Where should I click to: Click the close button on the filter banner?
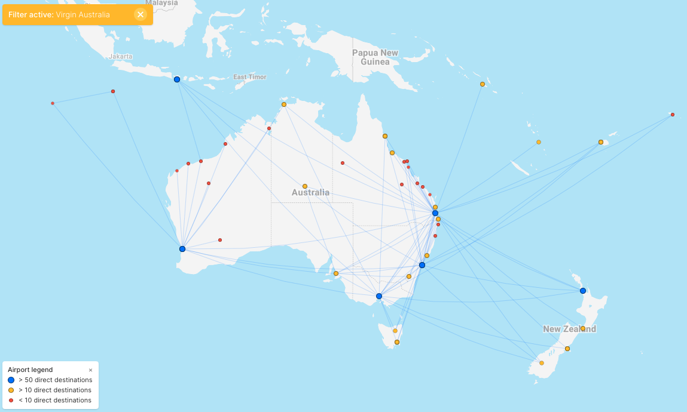coord(141,14)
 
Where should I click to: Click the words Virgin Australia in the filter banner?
coord(83,14)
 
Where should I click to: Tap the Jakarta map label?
coord(121,57)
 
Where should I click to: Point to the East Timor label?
coord(249,77)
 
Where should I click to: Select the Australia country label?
coord(310,192)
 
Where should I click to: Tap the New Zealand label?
coord(569,329)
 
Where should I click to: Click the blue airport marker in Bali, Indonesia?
coord(177,79)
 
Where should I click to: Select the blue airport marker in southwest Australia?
coord(182,249)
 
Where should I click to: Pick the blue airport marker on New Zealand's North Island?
coord(583,291)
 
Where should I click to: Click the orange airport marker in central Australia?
coord(305,186)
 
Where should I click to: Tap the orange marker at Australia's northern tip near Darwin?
coord(284,104)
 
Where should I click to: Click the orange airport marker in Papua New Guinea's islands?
coord(483,84)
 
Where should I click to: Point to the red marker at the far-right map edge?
coord(673,115)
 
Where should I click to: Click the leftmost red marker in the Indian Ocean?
coord(53,103)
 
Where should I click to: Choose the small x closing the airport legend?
coord(91,370)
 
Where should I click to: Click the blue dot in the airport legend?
coord(11,380)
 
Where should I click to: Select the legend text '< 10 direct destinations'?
coord(55,400)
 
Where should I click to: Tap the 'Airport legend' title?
coord(30,370)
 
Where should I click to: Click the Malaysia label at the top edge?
coord(161,3)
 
